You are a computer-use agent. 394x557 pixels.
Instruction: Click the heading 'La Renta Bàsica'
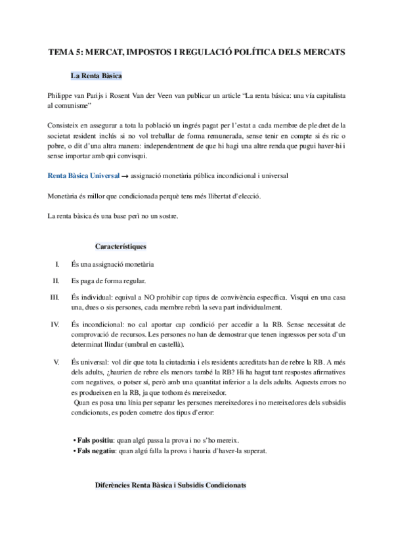[96, 76]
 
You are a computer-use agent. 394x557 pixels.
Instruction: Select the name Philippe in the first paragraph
[61, 95]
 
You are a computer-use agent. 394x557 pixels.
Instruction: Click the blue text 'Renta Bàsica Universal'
[84, 158]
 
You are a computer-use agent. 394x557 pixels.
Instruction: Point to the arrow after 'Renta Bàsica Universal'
[125, 159]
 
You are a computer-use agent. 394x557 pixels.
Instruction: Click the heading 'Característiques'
[120, 246]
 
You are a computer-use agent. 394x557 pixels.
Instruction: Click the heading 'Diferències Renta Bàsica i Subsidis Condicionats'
[170, 485]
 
